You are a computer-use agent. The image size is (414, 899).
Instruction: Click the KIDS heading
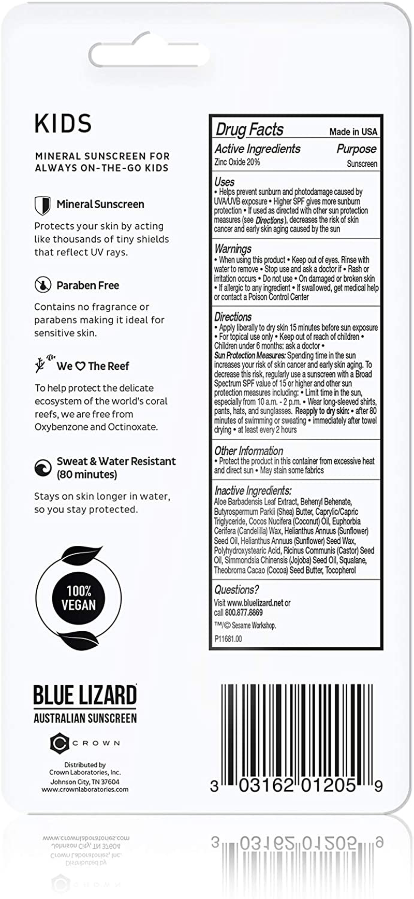click(x=63, y=124)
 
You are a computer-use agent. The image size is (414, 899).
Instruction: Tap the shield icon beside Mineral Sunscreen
click(x=42, y=205)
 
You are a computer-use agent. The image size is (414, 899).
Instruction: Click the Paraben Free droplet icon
click(x=42, y=285)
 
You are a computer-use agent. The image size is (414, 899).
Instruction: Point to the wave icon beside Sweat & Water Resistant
click(x=42, y=468)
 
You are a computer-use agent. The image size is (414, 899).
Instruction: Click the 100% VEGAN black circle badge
click(x=79, y=598)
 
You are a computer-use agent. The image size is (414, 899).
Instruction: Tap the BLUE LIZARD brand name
click(x=85, y=695)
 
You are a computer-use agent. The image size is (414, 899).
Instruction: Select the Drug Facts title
click(x=249, y=129)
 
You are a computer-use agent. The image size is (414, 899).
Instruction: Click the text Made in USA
click(x=353, y=132)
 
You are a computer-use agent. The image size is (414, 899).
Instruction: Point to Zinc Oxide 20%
click(x=237, y=162)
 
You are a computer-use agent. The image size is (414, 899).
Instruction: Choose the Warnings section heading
click(x=233, y=249)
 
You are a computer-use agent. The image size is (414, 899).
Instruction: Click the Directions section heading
click(x=233, y=316)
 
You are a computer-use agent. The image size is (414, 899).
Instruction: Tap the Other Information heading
click(x=248, y=451)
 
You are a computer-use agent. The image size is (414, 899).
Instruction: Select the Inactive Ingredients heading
click(x=253, y=490)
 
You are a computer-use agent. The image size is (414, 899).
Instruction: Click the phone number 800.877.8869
click(x=244, y=613)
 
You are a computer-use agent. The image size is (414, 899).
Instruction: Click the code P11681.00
click(x=228, y=639)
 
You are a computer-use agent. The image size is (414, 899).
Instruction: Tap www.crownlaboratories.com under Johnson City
click(x=85, y=790)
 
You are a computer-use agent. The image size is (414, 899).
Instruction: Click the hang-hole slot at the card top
click(x=149, y=53)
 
